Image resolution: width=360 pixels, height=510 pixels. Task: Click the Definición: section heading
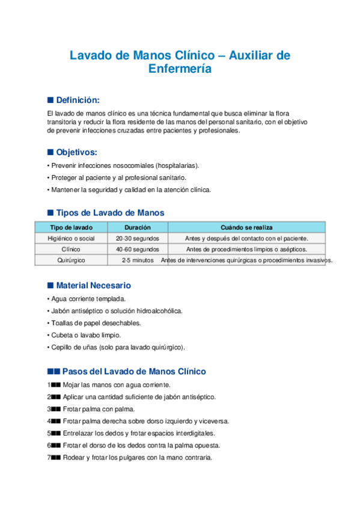[78, 100]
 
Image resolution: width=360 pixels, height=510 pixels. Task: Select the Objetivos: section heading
[76, 152]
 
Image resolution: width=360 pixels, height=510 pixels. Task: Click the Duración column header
[138, 227]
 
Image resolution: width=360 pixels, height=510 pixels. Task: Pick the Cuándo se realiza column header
[246, 227]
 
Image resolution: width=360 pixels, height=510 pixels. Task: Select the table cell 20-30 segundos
[138, 238]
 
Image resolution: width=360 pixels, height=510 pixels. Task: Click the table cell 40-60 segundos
[138, 249]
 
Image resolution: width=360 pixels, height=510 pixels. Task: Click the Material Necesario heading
[93, 285]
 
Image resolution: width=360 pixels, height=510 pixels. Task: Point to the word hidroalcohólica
[157, 311]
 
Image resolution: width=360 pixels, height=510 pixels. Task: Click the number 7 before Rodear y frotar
[49, 458]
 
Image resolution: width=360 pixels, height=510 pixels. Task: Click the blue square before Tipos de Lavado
[50, 214]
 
